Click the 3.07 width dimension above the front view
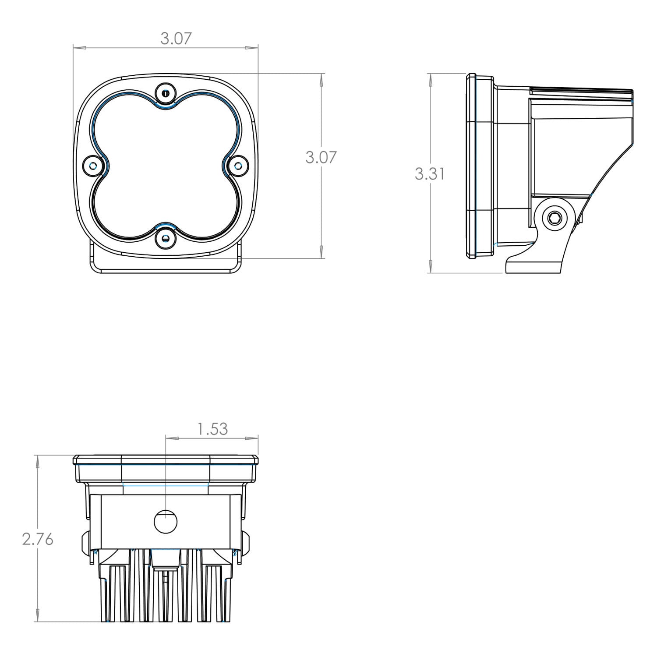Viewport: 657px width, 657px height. click(x=176, y=39)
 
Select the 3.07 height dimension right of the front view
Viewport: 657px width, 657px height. click(x=321, y=157)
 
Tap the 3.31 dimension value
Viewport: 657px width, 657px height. click(x=430, y=174)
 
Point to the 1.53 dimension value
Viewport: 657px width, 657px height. click(x=213, y=429)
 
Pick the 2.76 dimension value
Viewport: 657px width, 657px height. click(x=38, y=539)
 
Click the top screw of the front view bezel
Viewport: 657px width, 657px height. click(x=165, y=93)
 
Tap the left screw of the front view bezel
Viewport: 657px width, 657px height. click(x=93, y=165)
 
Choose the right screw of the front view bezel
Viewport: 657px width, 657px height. click(x=238, y=165)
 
